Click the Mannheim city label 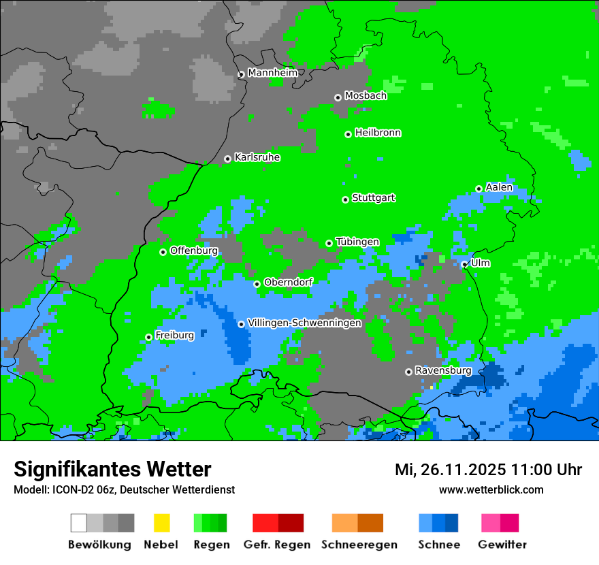[x=272, y=73]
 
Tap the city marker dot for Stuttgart [x=346, y=199]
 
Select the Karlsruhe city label [x=257, y=157]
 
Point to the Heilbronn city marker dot [x=349, y=134]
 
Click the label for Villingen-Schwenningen [x=304, y=323]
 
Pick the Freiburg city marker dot [x=149, y=337]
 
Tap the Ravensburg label [x=443, y=370]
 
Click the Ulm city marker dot [x=465, y=265]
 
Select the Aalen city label [x=499, y=187]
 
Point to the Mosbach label [x=366, y=96]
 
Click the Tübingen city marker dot [x=329, y=243]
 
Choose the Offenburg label [x=194, y=251]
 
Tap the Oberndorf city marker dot [x=257, y=284]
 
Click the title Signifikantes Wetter [x=112, y=470]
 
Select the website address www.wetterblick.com [x=491, y=489]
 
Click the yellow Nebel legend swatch [x=161, y=523]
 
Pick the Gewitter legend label [x=502, y=545]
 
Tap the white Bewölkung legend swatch [x=79, y=523]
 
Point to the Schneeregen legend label [x=359, y=545]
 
